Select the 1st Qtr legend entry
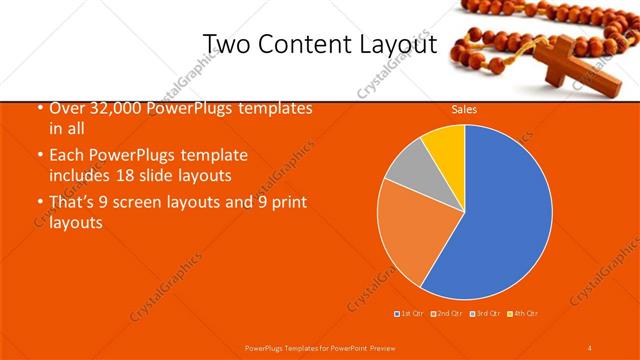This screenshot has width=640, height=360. pyautogui.click(x=409, y=314)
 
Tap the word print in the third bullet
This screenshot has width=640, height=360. pyautogui.click(x=287, y=203)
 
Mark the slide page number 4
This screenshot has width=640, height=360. pyautogui.click(x=589, y=347)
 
